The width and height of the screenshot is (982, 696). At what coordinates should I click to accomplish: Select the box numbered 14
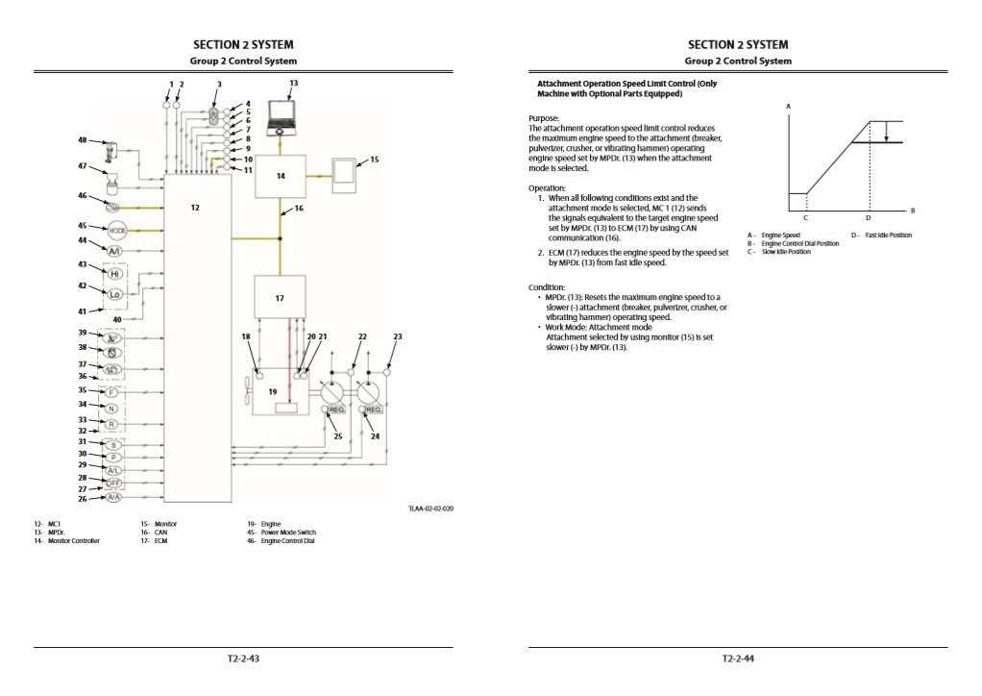tap(280, 176)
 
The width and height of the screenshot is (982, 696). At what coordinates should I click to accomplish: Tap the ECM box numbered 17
tap(280, 298)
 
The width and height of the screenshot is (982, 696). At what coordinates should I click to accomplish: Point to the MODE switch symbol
tap(117, 232)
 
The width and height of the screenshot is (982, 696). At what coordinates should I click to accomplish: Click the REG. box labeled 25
tap(335, 410)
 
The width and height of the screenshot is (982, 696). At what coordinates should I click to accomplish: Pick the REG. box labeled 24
tap(373, 410)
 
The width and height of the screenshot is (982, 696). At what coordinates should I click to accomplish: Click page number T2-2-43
tap(244, 659)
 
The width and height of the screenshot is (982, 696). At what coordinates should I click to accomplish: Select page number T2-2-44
tap(738, 659)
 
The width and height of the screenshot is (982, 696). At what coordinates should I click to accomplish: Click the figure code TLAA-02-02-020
tap(430, 508)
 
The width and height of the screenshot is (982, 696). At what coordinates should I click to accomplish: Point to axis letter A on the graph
tap(788, 105)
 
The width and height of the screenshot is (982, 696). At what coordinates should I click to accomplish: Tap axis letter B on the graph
tap(912, 211)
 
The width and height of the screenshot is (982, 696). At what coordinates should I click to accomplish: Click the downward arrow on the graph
tap(886, 133)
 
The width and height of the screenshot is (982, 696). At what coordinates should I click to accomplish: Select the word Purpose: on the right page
tap(545, 117)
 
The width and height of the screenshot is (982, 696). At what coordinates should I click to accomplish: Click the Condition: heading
tap(548, 287)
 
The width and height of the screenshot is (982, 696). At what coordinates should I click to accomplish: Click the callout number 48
tap(83, 140)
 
